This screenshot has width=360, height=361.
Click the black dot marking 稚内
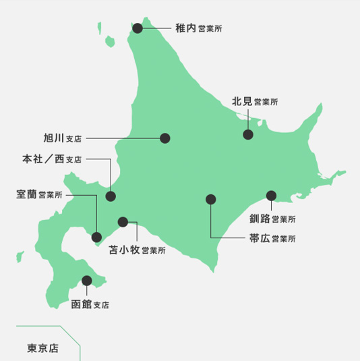tap(138, 28)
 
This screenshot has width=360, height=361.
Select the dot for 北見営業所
tap(248, 135)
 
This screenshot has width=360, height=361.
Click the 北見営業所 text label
tap(254, 102)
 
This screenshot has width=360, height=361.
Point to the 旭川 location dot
tap(164, 138)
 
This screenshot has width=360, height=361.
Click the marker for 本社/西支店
tap(111, 197)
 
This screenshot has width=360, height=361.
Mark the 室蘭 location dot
tap(97, 237)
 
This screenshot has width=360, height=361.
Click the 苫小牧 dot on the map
tap(123, 221)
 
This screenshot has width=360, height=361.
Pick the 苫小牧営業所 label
tap(137, 250)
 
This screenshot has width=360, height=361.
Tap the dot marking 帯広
tap(210, 199)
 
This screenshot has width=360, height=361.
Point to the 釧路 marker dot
tap(271, 196)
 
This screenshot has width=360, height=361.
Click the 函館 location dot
tap(86, 280)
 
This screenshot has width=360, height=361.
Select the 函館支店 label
tap(90, 304)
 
